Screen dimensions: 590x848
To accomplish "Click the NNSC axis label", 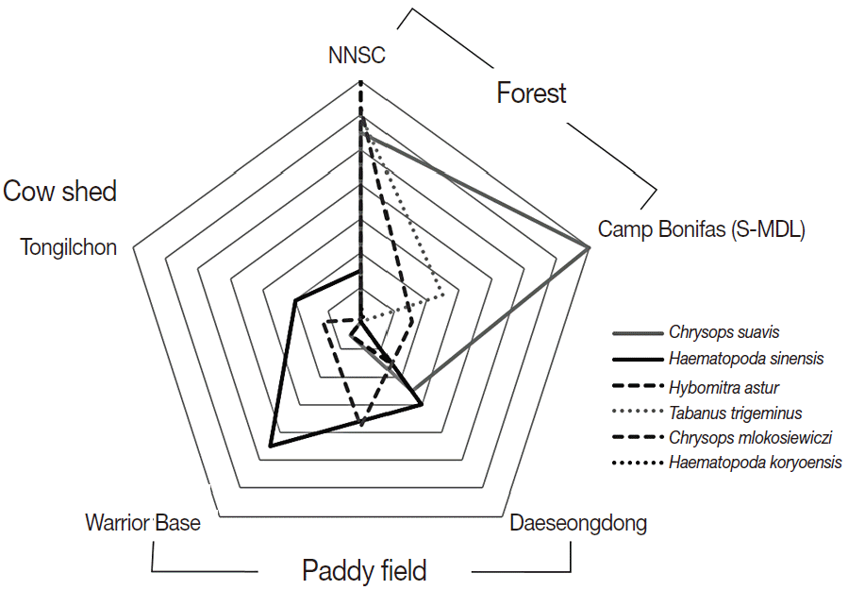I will click(x=357, y=56).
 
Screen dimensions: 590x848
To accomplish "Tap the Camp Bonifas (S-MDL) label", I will click(x=701, y=228).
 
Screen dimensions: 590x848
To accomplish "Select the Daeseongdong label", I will click(x=578, y=523).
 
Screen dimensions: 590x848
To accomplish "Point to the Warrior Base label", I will click(x=142, y=522).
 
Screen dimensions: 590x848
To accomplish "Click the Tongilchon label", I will click(x=69, y=247).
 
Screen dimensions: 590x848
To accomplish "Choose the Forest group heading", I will click(x=531, y=93).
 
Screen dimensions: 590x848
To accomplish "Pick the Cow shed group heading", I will click(x=60, y=192).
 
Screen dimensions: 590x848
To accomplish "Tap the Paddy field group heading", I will click(x=364, y=570).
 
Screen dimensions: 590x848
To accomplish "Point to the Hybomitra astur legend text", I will click(x=723, y=386).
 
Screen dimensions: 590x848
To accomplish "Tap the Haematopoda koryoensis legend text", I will click(x=755, y=463).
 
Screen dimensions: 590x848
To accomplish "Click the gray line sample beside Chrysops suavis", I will click(x=638, y=333).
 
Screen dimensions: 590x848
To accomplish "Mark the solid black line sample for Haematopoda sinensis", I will click(x=638, y=360).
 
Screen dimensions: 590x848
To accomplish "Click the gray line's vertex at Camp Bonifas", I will click(x=590, y=247).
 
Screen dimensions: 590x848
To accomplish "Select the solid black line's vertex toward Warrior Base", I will click(x=271, y=445).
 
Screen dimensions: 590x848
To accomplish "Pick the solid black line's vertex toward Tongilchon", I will click(x=295, y=301).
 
